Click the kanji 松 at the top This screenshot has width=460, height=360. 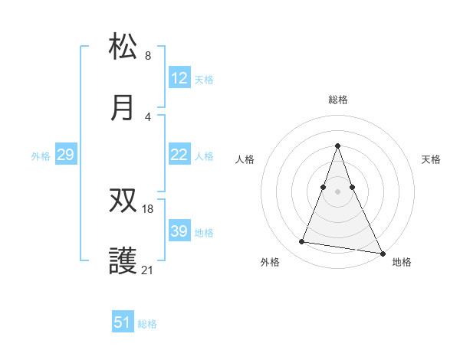[123, 47]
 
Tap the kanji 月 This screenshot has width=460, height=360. [123, 107]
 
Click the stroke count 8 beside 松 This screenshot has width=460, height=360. [148, 56]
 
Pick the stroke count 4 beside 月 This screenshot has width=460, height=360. [148, 116]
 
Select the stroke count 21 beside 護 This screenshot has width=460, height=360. [149, 269]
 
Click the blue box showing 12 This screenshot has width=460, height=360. [179, 79]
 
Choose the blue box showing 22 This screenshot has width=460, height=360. [179, 155]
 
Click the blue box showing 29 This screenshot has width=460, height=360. [66, 155]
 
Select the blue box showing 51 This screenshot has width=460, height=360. [123, 322]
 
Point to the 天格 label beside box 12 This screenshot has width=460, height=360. [204, 80]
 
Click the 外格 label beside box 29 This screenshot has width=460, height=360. [41, 156]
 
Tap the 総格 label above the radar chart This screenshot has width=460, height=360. [338, 100]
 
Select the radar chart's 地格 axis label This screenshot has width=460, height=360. [402, 262]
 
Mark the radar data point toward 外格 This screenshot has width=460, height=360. [302, 242]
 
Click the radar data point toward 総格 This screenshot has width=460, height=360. [338, 146]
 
